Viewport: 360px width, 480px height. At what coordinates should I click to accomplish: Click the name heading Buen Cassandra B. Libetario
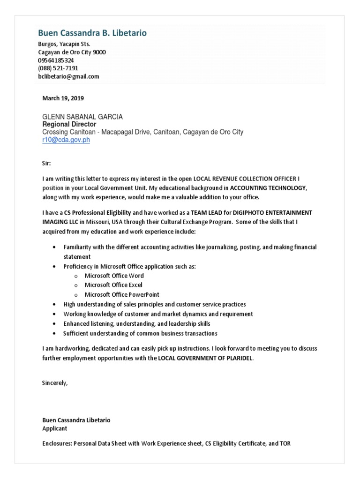[92, 33]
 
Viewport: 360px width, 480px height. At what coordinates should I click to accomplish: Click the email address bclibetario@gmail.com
[68, 76]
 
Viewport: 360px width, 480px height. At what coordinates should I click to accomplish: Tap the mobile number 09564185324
[56, 60]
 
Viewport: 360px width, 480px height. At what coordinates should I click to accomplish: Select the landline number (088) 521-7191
[58, 68]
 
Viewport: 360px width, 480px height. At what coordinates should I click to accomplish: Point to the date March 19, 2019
[63, 98]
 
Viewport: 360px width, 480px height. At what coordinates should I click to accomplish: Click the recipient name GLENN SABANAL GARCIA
[82, 117]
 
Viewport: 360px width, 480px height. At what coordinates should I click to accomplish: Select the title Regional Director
[69, 124]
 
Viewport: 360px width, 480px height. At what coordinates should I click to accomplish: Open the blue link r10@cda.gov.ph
[66, 140]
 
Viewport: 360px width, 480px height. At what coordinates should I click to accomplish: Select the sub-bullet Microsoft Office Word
[114, 276]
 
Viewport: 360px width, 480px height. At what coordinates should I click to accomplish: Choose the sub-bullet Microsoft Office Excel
[113, 285]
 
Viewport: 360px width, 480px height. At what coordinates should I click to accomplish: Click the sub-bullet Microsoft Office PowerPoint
[122, 295]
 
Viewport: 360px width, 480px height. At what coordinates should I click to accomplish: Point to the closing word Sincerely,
[55, 383]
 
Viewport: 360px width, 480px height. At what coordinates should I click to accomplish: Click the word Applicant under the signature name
[55, 428]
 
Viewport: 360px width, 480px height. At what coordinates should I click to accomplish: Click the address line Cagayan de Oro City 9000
[72, 52]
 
